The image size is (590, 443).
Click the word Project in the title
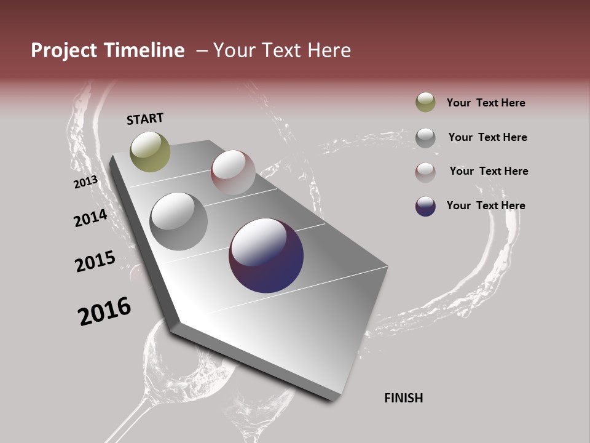(65, 50)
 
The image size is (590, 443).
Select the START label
(145, 119)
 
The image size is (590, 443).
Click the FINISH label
(404, 398)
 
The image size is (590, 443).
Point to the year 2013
(85, 182)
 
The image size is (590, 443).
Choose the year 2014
(90, 218)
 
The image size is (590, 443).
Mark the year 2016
(104, 311)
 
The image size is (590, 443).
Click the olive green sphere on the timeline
(150, 151)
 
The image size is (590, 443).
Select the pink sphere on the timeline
(233, 172)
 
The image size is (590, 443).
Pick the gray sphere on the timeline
(179, 221)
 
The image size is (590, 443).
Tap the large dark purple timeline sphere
(266, 255)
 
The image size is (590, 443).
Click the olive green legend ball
(425, 102)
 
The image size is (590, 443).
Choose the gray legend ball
(425, 138)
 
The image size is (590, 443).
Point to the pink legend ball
(425, 172)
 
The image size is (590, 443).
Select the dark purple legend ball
(425, 206)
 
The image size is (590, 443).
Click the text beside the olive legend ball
(486, 103)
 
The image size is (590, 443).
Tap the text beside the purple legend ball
(486, 206)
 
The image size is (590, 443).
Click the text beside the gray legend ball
(488, 137)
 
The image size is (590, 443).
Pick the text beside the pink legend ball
(489, 171)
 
